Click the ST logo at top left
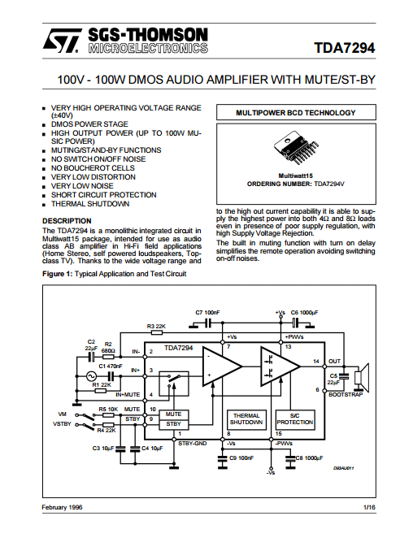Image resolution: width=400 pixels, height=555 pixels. pos(62,41)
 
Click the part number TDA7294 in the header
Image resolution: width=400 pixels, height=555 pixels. pos(345,48)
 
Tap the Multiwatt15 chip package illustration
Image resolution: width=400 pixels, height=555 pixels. pos(296,148)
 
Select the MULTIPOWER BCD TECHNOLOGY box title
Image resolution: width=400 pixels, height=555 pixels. pos(296,113)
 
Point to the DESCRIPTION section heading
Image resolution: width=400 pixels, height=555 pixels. pos(67,221)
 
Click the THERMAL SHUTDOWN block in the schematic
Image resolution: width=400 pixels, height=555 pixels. pos(246,419)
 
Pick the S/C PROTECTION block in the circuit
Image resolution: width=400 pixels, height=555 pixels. pos(295,419)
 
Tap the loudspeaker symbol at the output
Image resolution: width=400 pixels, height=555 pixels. pos(362,377)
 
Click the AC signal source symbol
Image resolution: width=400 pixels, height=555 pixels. pos(91,376)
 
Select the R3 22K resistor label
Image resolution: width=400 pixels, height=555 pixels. pos(156,326)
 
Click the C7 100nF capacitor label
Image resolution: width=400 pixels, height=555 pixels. pos(207,313)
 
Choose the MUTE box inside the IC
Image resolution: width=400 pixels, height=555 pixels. pos(173,414)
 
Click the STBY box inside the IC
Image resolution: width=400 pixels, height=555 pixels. pos(173,424)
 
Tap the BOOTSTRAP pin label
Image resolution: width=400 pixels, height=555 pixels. pos(346,394)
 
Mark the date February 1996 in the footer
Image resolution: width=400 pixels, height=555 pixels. pos(62,507)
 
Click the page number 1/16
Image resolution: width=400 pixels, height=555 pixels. pos(370,507)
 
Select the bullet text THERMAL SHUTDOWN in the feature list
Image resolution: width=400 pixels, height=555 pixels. pos(90,204)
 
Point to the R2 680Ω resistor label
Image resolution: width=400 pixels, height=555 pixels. pos(108,347)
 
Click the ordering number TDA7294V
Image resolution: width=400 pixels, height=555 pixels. pos(329,184)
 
